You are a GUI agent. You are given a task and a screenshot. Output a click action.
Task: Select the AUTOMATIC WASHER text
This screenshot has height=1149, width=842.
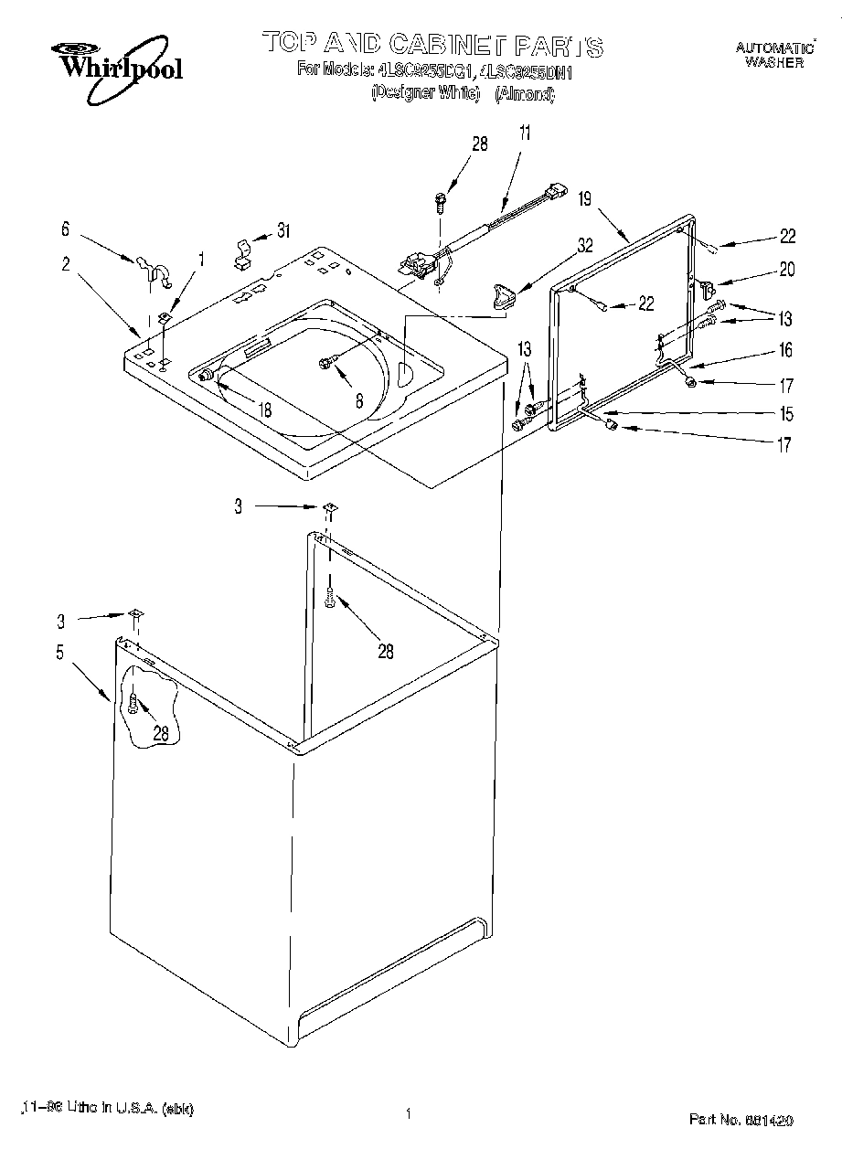(773, 55)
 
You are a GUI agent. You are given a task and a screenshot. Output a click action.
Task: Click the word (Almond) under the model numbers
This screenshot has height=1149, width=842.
(525, 92)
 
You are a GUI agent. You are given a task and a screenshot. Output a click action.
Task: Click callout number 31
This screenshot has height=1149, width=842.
(283, 231)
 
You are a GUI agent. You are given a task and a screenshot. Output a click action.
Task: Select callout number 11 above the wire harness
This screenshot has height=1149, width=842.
(524, 133)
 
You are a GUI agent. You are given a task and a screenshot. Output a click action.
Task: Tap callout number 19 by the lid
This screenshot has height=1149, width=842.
(586, 197)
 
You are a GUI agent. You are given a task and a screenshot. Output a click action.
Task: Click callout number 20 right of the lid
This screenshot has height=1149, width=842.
(786, 269)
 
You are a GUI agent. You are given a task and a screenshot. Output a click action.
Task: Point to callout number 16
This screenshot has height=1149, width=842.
(786, 350)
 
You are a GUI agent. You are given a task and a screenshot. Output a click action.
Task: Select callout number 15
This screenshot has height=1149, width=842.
(786, 414)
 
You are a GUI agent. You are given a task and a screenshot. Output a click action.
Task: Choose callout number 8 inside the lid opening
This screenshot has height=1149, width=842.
(359, 399)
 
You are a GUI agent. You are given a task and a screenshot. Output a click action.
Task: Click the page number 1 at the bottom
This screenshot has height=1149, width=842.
(407, 1114)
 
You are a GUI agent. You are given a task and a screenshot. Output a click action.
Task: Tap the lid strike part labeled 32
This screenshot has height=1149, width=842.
(503, 296)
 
